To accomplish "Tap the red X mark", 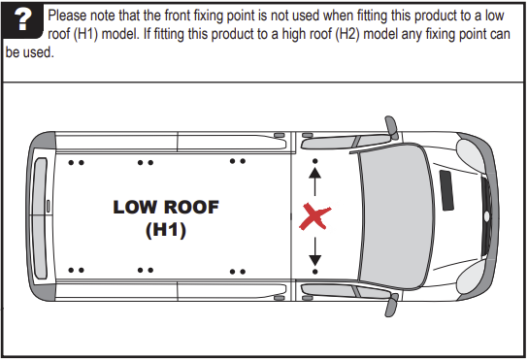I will pyautogui.click(x=313, y=216).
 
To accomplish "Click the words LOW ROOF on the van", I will pyautogui.click(x=166, y=207).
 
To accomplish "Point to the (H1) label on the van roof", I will pyautogui.click(x=166, y=230).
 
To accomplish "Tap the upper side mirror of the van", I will pyautogui.click(x=390, y=127).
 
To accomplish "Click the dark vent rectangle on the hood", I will pyautogui.click(x=448, y=188).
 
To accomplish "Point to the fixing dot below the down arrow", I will pyautogui.click(x=314, y=275).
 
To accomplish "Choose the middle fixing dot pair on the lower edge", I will pyautogui.click(x=148, y=271).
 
